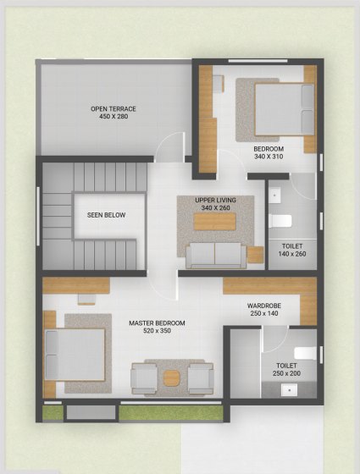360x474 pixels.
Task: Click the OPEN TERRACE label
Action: tap(114, 109)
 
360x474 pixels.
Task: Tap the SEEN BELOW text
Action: tap(106, 215)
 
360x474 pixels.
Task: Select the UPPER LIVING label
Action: tap(215, 200)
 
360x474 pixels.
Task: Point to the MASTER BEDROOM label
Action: tap(157, 323)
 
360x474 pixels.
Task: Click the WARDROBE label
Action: tap(264, 306)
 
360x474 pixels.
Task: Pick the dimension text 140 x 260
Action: tap(292, 254)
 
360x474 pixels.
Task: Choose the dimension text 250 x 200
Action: tap(286, 373)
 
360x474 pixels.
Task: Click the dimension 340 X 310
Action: tap(269, 157)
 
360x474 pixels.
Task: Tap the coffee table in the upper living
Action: tap(215, 221)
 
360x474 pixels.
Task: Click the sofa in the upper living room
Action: tap(216, 256)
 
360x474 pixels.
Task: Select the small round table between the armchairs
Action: tap(171, 378)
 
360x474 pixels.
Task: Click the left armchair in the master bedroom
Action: tap(144, 379)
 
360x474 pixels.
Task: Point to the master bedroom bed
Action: tap(75, 355)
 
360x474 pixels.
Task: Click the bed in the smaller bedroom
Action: tap(285, 109)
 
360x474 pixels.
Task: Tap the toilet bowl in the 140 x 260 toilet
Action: tap(280, 221)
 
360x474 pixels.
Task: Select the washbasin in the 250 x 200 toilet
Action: tap(289, 390)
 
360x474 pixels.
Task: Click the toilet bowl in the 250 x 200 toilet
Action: tap(306, 354)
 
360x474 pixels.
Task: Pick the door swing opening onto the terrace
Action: tap(169, 147)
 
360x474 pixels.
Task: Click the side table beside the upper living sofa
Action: tap(255, 255)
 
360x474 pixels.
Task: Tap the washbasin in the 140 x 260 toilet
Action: tap(274, 196)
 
